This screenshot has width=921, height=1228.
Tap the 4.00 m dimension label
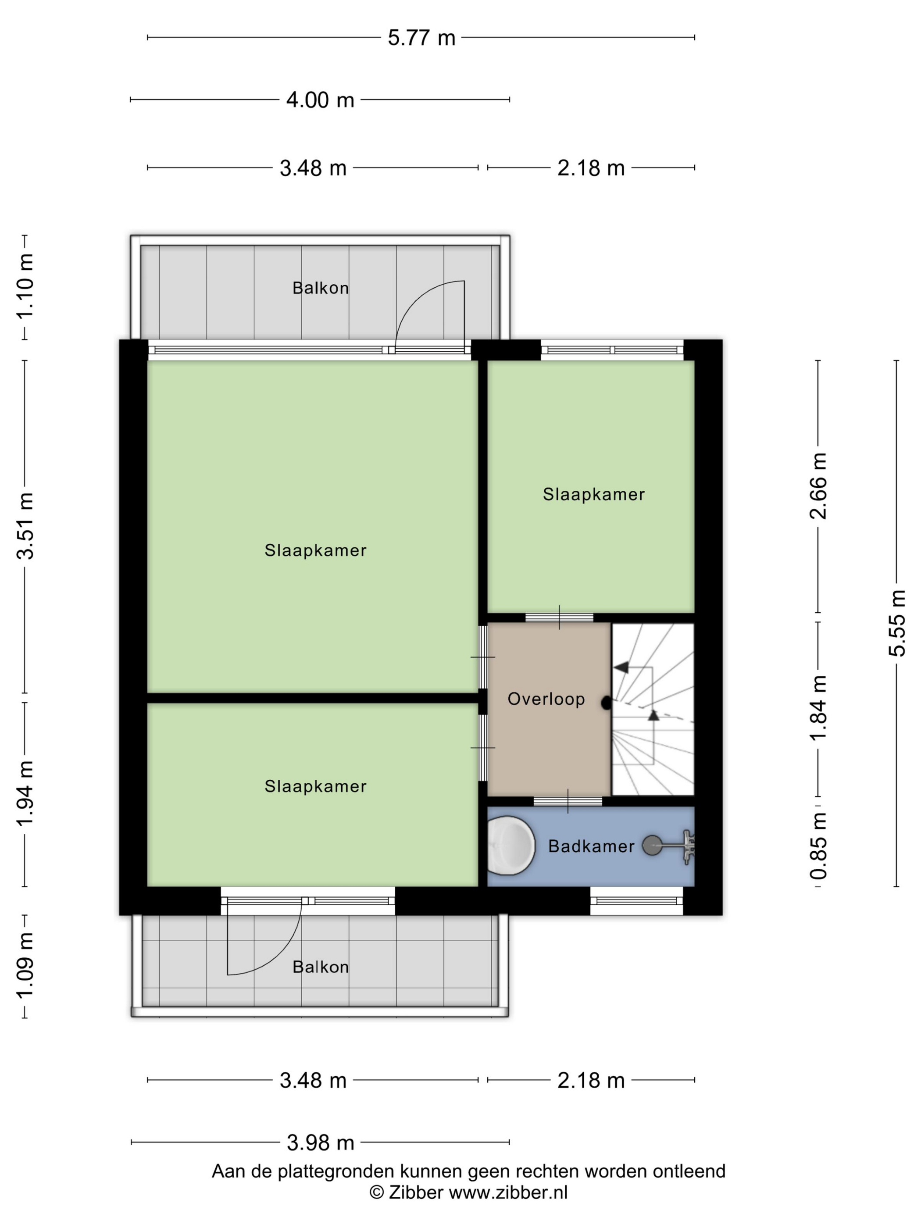320,100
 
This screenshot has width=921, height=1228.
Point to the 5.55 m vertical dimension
896,622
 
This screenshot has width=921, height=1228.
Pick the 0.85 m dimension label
818,846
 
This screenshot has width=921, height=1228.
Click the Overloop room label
546,699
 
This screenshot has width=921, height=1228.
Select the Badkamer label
591,846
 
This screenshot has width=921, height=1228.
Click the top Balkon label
320,288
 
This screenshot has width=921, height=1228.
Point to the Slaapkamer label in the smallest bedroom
593,494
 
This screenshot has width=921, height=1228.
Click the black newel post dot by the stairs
606,703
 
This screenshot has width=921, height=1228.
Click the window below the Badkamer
636,900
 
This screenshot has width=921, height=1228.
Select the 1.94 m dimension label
25,793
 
